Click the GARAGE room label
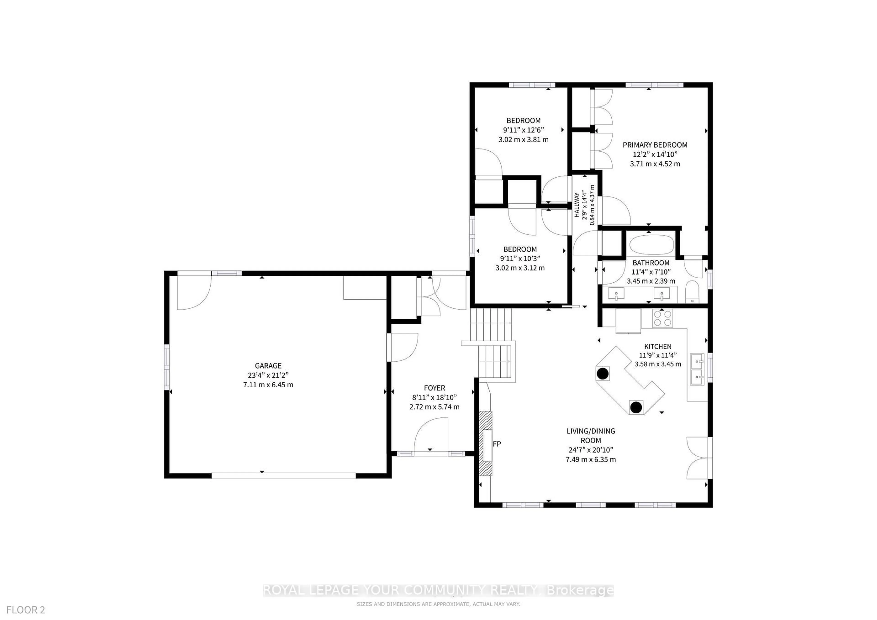click(x=268, y=366)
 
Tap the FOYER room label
click(x=434, y=388)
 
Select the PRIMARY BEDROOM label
click(x=655, y=145)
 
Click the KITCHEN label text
click(x=658, y=347)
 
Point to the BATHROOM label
click(x=651, y=263)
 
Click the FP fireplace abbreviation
click(x=497, y=444)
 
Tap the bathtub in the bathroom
click(x=652, y=245)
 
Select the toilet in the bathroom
click(x=692, y=292)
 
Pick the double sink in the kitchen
click(x=697, y=369)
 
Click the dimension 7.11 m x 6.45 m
click(x=268, y=385)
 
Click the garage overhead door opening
click(x=283, y=476)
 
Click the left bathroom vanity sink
click(x=616, y=294)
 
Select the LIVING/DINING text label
click(x=591, y=431)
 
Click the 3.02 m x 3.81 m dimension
click(x=523, y=140)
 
